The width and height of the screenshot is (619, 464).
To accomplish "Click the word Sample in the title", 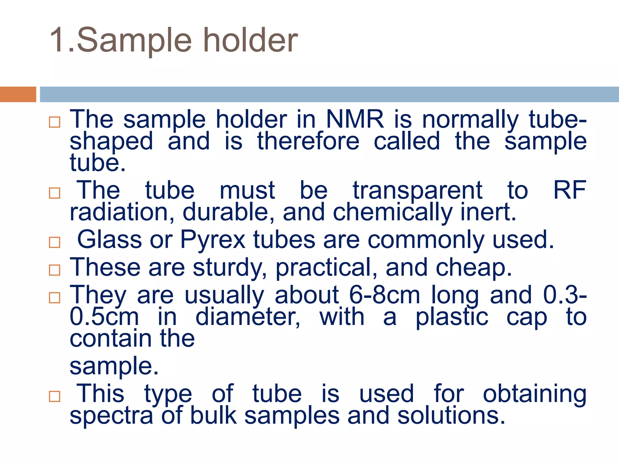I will tap(134, 41).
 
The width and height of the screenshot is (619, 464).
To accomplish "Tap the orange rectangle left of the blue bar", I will tap(18, 94).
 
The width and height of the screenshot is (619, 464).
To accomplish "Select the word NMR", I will tap(355, 119).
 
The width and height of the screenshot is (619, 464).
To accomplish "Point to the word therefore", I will tap(308, 141).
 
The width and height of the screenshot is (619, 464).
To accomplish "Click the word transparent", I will tap(417, 190).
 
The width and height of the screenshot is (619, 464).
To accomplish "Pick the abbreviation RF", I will tap(569, 190).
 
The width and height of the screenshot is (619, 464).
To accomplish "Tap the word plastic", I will tap(452, 317).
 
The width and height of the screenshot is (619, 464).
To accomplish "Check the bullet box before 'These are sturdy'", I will tap(54, 270).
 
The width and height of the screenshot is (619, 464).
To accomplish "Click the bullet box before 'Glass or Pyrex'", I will tap(54, 242).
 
